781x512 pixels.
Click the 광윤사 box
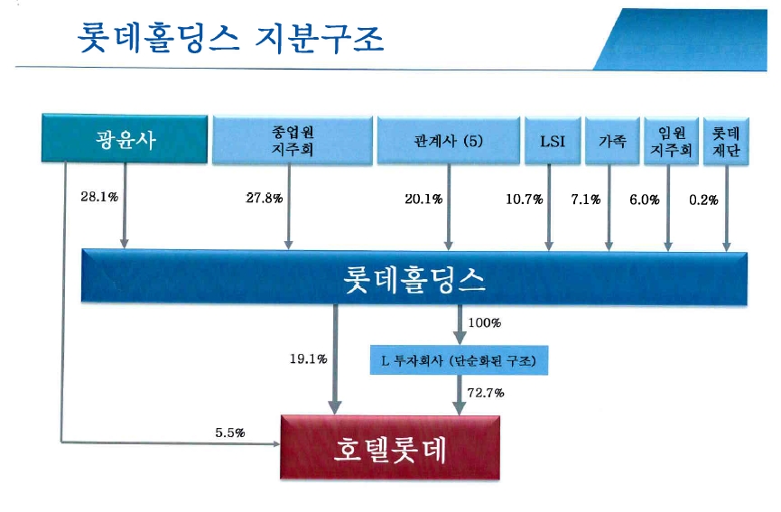124,140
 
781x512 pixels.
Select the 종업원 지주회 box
292,140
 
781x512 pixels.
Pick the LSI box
551,140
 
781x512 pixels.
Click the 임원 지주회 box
669,140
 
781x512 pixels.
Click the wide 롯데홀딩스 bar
414,276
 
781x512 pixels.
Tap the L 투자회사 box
460,361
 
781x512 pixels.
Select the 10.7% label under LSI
524,199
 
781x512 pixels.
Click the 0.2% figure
703,199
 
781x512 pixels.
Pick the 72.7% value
486,392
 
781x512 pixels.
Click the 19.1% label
308,358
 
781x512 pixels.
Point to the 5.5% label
231,433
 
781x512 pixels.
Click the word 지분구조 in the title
321,37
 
